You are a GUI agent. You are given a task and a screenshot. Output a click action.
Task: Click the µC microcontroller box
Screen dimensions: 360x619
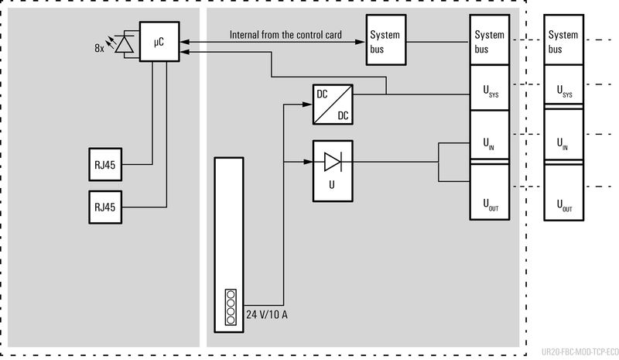[158, 42]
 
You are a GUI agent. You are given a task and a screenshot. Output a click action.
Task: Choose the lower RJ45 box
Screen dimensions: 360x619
[104, 207]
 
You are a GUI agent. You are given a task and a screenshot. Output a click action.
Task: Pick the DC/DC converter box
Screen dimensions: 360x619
[332, 105]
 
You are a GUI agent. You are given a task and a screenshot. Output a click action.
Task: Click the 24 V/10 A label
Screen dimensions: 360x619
[268, 314]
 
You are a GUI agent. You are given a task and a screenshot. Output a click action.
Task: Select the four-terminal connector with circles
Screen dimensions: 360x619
[230, 306]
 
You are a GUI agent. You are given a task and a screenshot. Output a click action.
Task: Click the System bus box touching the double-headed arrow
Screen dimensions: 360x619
[385, 42]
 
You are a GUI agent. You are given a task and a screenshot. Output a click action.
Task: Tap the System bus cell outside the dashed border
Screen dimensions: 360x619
[564, 41]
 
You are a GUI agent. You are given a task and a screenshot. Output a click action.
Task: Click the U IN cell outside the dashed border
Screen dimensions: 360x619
[564, 143]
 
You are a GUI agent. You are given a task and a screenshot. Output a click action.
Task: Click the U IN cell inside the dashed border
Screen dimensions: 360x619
[490, 143]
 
